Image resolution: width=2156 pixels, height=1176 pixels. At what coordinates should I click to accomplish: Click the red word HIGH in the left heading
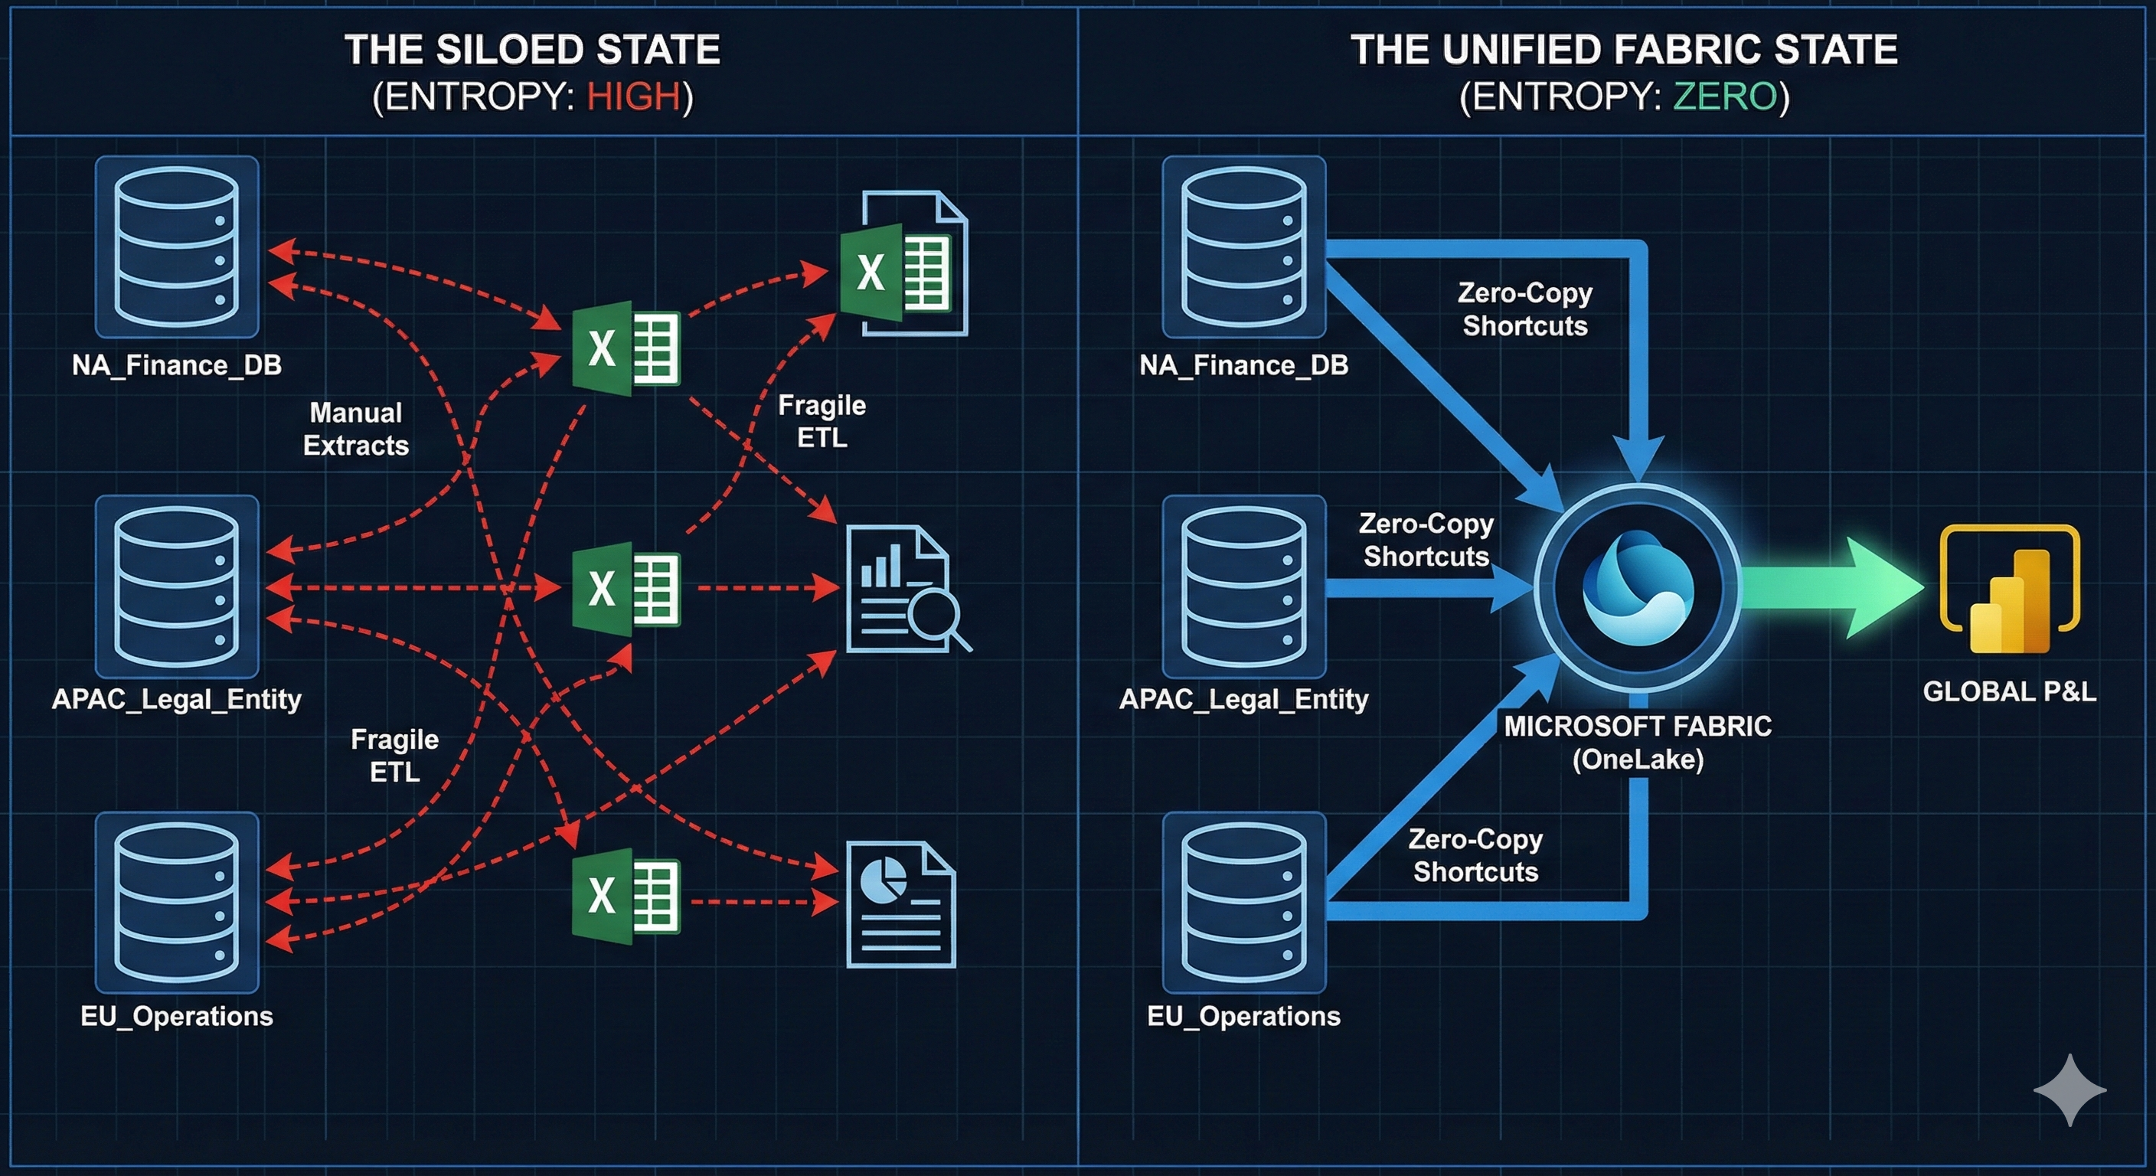634,97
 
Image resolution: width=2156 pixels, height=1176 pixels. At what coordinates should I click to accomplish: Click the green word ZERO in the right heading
1725,97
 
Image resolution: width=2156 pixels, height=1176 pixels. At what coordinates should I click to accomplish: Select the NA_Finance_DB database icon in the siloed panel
177,247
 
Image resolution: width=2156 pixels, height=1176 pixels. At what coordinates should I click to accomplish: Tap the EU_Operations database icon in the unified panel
1243,903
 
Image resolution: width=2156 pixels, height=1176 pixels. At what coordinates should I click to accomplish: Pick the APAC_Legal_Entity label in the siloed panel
177,699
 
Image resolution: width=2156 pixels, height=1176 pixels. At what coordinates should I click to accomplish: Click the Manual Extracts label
356,429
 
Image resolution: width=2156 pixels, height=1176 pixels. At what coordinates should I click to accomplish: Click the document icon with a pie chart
900,904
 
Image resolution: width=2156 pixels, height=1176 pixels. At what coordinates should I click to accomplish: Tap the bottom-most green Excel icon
626,897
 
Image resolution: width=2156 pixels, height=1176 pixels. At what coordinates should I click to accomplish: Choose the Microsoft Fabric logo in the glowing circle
1638,589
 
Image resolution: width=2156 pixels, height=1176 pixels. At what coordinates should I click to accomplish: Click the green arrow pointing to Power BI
1833,589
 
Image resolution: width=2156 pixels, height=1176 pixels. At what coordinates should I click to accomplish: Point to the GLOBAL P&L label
2009,691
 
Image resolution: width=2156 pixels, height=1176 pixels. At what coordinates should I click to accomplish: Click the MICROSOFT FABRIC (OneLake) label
1638,743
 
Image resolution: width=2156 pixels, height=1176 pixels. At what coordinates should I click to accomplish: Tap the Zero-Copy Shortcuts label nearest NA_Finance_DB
1524,309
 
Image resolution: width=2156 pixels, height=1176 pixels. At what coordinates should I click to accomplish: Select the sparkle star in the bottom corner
2069,1089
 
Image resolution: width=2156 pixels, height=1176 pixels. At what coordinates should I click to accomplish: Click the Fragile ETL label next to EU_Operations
394,755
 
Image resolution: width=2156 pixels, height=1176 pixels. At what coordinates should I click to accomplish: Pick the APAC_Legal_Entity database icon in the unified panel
1243,586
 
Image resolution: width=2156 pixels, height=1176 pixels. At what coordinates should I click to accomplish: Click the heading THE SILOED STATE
532,51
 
